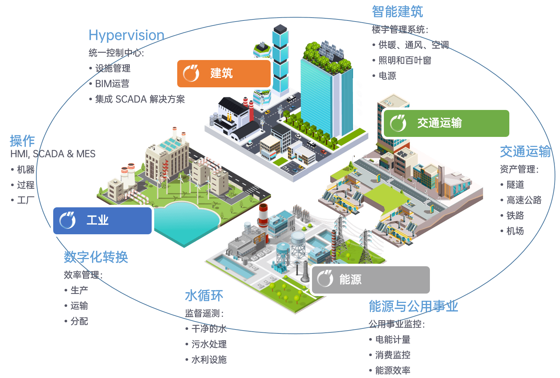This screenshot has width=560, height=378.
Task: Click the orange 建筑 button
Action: pos(224,74)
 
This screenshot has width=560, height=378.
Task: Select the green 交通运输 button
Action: pos(446,123)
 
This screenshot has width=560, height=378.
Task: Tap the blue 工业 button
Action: pos(102,220)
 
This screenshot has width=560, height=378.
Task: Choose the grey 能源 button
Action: pos(370,280)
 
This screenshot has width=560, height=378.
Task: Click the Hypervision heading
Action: pos(127,35)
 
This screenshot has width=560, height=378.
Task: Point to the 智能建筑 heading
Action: pos(397,12)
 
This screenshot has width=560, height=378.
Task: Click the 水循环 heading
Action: pos(204,296)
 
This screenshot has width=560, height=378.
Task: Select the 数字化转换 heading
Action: pos(96,257)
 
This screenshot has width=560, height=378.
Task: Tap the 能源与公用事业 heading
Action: pos(413,306)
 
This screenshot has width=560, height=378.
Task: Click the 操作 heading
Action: pos(22,141)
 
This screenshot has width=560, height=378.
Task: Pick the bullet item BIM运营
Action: pos(112,84)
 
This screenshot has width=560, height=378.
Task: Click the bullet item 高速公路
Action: pos(524,200)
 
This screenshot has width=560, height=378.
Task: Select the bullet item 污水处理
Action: pos(209,344)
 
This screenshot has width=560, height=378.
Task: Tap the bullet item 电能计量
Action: pos(393,340)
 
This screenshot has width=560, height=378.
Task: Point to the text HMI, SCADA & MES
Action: pos(53,154)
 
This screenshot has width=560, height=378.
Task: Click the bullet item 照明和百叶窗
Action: pos(404,60)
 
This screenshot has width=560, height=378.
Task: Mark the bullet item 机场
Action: pos(515,231)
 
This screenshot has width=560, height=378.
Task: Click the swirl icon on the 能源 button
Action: pos(325,279)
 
